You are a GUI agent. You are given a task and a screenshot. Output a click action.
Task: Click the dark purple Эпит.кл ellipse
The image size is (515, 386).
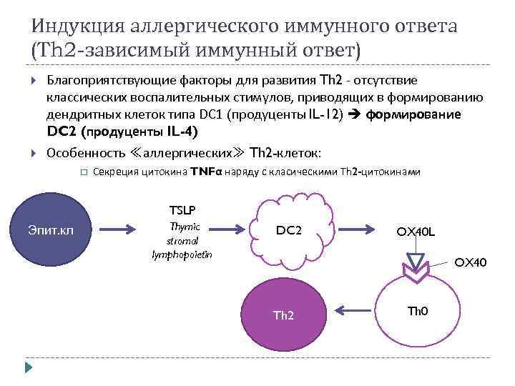tap(50, 229)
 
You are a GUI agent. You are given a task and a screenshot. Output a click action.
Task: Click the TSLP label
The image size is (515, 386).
tap(182, 210)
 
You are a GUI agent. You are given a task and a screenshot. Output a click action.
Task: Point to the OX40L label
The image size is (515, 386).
tap(420, 232)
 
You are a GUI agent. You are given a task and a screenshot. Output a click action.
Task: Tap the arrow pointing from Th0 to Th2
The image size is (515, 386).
tap(350, 310)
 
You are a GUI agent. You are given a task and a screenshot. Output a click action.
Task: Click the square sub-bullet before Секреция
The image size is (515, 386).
tap(83, 172)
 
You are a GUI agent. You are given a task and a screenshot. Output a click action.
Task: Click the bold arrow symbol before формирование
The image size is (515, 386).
tap(355, 114)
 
